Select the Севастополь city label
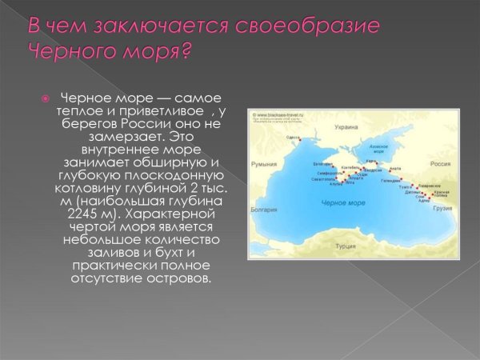(x=324, y=179)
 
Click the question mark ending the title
(x=186, y=51)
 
